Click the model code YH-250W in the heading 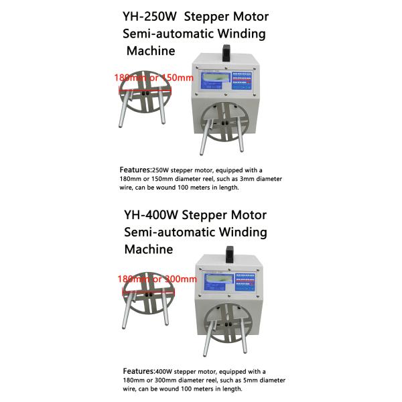(x=144, y=15)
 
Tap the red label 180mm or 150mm (x=154, y=78)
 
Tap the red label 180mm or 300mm (x=156, y=279)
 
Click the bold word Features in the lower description (x=139, y=371)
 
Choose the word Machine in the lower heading (x=149, y=249)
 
